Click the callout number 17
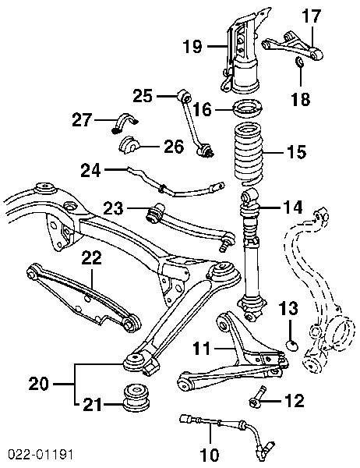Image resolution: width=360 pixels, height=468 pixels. coord(312,16)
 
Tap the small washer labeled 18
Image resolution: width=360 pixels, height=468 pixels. coord(299,62)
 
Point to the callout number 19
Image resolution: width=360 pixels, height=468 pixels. coord(193,47)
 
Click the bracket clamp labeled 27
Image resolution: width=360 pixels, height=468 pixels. coord(124,122)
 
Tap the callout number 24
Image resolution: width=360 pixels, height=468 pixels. coord(90,170)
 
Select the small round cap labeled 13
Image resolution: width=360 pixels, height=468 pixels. coord(292,346)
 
